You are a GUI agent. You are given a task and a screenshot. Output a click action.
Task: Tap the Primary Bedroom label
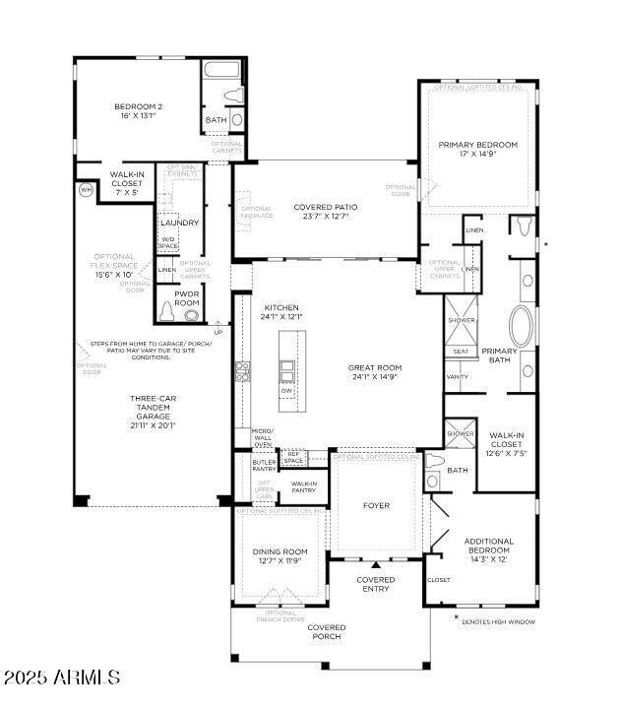tap(477, 145)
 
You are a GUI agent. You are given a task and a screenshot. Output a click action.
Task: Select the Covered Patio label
tap(325, 207)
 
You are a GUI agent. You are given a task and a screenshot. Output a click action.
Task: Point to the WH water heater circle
tap(86, 189)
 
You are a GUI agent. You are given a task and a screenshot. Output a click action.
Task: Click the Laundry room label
tap(179, 223)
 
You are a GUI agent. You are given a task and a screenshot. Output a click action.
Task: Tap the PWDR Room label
tap(186, 298)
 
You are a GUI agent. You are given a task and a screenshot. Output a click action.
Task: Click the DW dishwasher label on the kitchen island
tap(286, 391)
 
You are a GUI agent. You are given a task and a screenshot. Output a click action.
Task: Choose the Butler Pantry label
tap(264, 465)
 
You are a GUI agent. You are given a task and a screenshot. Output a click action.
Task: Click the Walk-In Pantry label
tap(303, 486)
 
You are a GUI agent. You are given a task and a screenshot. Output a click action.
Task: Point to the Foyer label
tap(376, 506)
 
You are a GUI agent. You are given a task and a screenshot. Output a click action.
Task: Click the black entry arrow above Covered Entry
tap(376, 565)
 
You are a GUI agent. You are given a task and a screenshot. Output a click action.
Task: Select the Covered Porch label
tap(326, 631)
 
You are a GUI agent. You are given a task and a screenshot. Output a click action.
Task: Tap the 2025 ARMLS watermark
tap(61, 678)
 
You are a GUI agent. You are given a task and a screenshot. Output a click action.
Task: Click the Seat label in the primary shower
tap(460, 351)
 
